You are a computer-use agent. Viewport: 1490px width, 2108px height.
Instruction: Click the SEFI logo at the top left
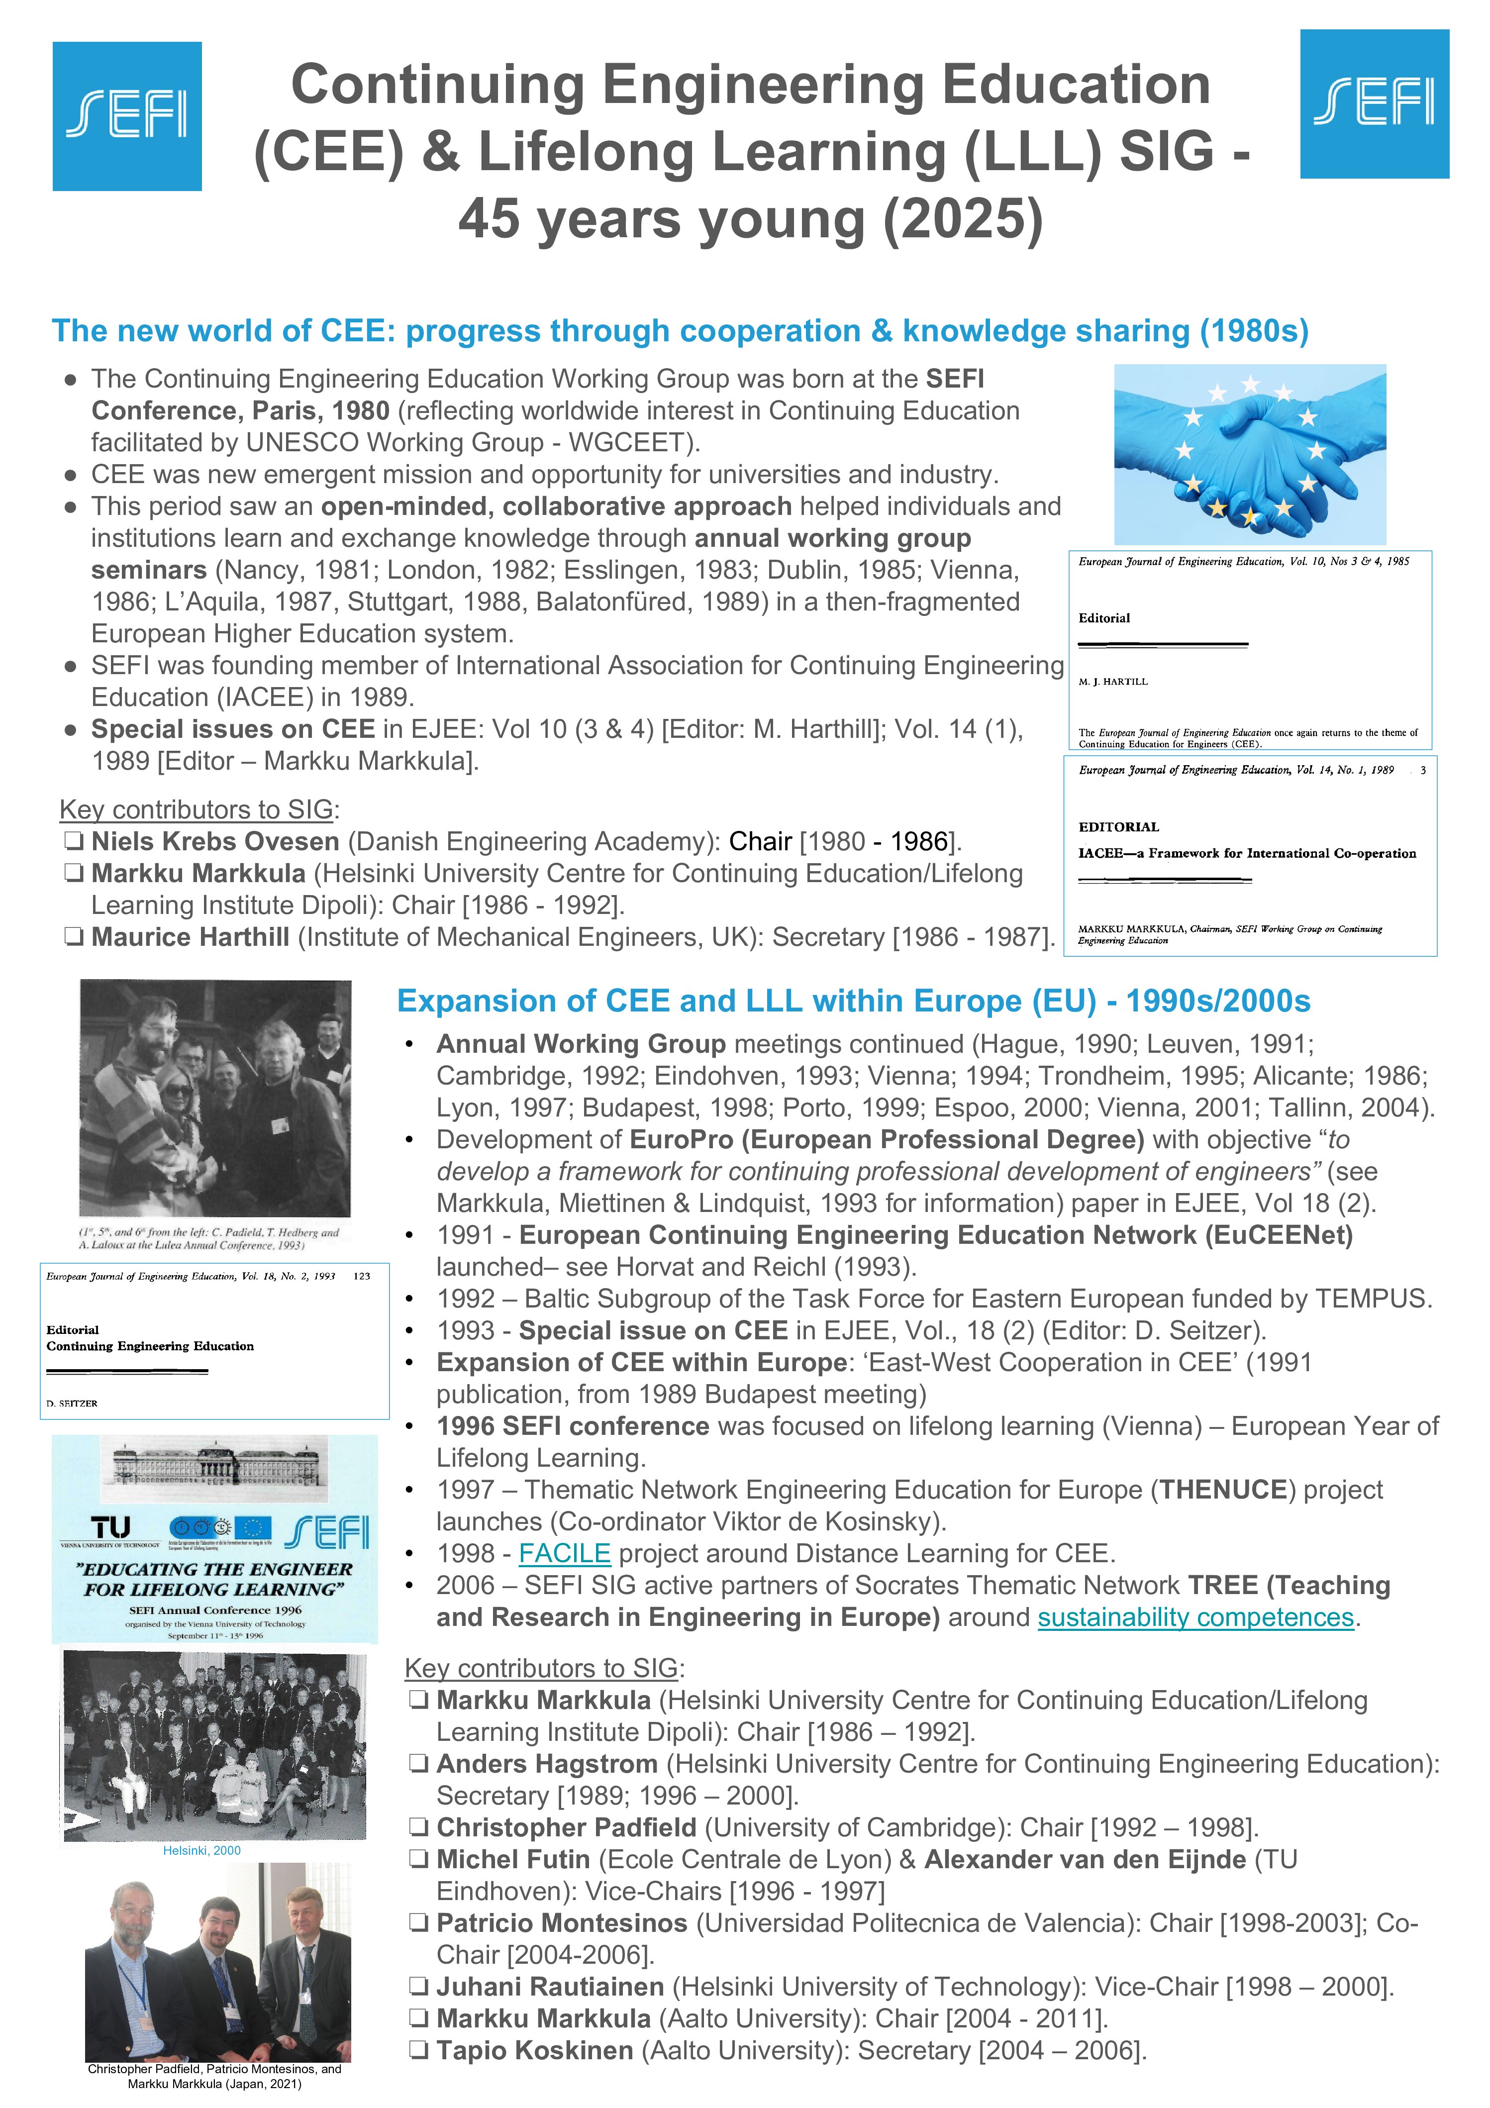click(127, 116)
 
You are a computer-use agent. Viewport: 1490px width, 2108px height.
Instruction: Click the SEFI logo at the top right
click(1374, 104)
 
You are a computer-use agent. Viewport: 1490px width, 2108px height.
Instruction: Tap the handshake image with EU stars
click(1250, 454)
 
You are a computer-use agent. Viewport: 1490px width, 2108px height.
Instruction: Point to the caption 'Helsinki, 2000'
click(202, 1850)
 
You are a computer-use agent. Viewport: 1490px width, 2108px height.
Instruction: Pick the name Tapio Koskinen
click(534, 2050)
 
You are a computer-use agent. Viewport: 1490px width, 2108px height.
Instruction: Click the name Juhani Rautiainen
click(550, 1987)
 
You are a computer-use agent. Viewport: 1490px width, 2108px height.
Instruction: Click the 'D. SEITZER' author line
click(72, 1403)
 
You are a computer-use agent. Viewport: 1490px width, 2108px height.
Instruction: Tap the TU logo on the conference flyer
click(111, 1528)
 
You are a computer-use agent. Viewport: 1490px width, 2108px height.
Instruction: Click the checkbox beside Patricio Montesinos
click(418, 1923)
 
